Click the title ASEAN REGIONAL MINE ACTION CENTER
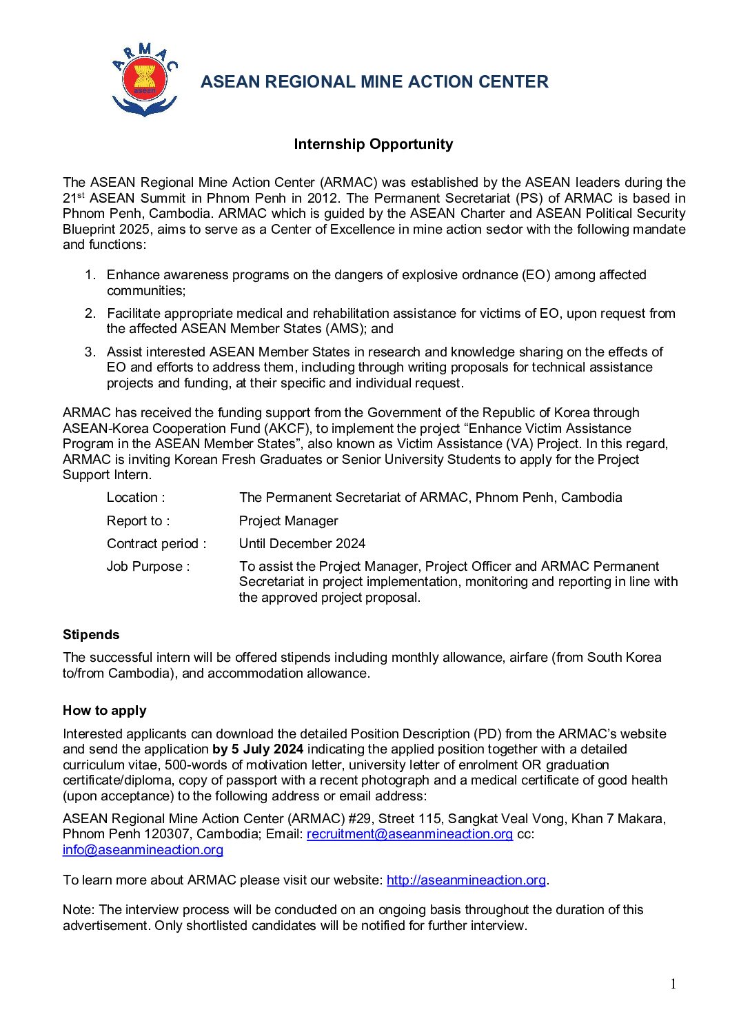point(374,82)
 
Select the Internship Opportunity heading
point(373,144)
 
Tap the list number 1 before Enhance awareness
point(90,275)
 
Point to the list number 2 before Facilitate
point(90,314)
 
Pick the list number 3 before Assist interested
point(90,352)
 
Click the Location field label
point(135,498)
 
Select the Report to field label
point(138,521)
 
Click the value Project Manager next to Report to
point(288,521)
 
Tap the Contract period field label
point(156,544)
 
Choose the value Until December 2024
point(302,544)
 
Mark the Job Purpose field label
point(148,567)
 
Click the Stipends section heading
point(91,635)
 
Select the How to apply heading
point(104,711)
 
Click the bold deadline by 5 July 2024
point(258,749)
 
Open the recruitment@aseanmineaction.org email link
point(409,834)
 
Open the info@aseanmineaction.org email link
point(143,850)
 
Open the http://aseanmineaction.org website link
point(466,880)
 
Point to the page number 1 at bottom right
point(673,984)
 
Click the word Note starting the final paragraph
point(77,910)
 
